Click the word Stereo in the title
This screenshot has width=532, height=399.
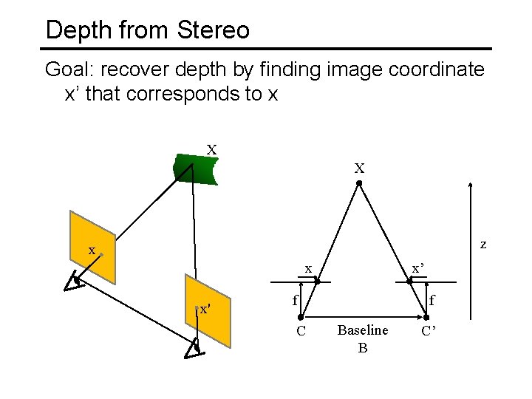pos(214,30)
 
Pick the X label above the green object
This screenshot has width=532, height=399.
pos(211,150)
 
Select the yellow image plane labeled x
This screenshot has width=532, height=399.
pos(92,246)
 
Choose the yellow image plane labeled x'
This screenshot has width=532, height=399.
pos(208,310)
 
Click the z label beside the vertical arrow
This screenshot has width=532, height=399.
pos(483,243)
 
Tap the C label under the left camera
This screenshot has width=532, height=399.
pos(301,330)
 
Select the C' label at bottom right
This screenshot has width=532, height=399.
pos(429,330)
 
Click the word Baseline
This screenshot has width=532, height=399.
pos(362,330)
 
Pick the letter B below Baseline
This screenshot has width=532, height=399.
pos(362,347)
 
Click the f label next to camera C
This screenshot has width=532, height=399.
pos(294,301)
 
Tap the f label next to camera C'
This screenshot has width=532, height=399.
pos(432,300)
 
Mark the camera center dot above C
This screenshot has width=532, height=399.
pos(301,317)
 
